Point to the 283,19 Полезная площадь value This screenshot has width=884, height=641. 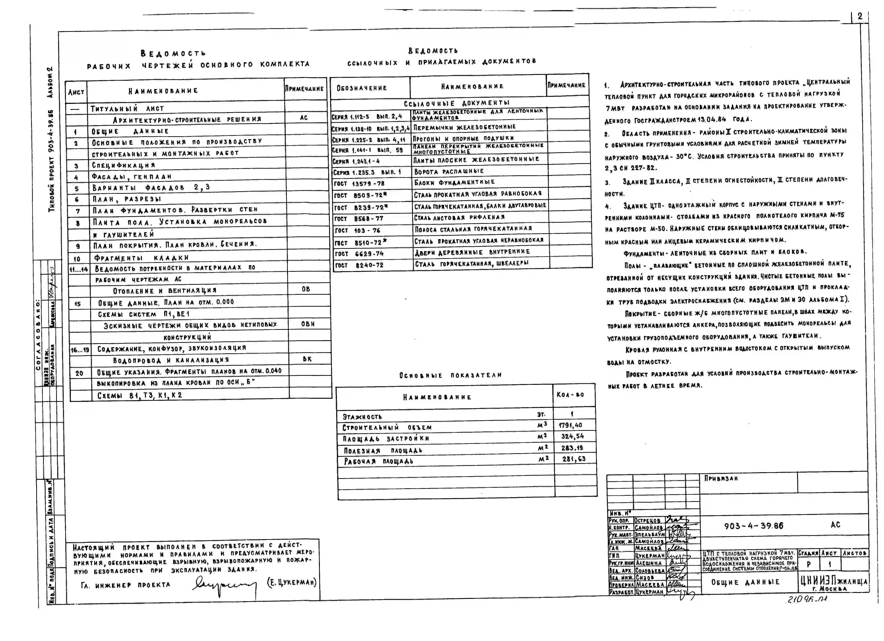pyautogui.click(x=572, y=448)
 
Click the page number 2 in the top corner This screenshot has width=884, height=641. pyautogui.click(x=860, y=16)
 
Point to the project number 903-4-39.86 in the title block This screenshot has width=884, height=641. pyautogui.click(x=753, y=526)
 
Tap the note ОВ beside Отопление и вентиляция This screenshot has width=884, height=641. pyautogui.click(x=306, y=289)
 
